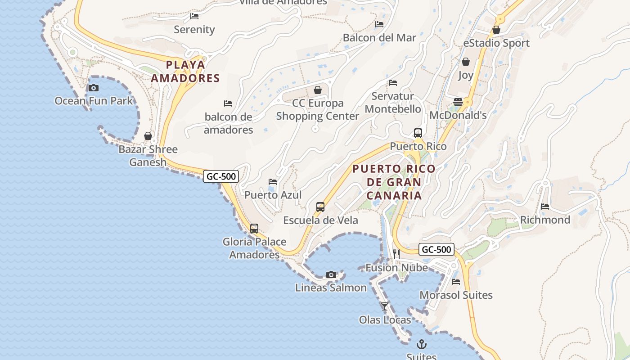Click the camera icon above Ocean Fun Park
[x=94, y=88]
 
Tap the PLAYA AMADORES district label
[x=185, y=72]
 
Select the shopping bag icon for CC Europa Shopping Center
[x=318, y=90]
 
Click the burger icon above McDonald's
[x=458, y=102]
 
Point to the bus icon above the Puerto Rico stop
[x=418, y=133]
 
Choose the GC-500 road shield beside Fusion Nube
[x=436, y=249]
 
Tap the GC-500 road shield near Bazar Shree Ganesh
[x=220, y=176]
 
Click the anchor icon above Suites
[x=422, y=344]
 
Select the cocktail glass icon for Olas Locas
[x=385, y=306]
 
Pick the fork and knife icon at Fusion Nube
[x=396, y=254]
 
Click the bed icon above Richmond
[x=545, y=207]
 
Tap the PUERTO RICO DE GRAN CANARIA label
[x=394, y=182]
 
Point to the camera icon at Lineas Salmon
[x=331, y=274]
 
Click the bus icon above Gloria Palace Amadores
[x=254, y=229]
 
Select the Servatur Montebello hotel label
[x=393, y=103]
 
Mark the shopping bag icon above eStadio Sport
[x=496, y=30]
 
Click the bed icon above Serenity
[x=194, y=16]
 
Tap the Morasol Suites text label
[x=456, y=295]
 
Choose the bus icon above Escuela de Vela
[x=320, y=207]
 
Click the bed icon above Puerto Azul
[x=273, y=182]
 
